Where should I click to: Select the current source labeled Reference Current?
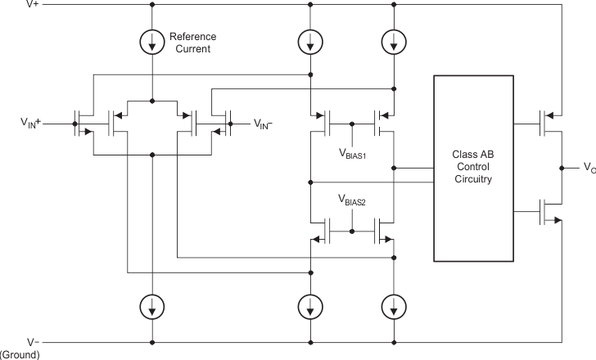[x=152, y=43]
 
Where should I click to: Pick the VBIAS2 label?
[x=352, y=199]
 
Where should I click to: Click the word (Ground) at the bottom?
[x=20, y=354]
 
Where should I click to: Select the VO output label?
[x=589, y=168]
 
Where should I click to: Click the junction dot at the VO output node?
[x=562, y=168]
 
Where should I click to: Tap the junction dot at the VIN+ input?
[x=74, y=124]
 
